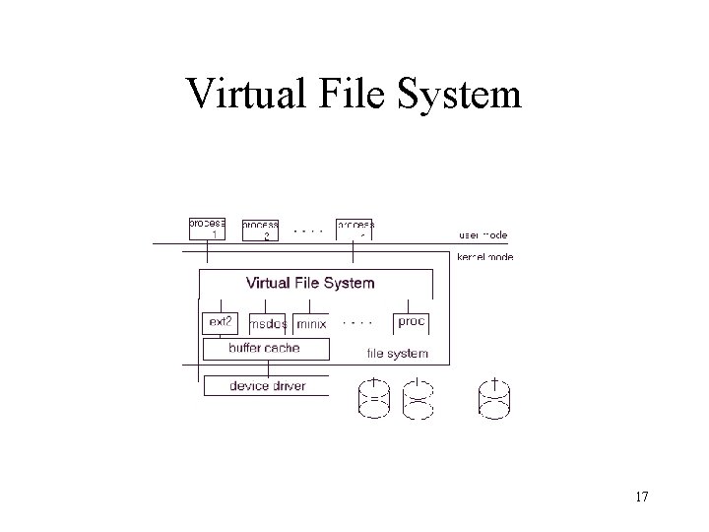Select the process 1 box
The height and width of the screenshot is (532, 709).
coord(207,228)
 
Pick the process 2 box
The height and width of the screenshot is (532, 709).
coord(261,230)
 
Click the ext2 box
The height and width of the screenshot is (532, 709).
coord(218,322)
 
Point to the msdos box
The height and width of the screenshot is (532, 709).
coord(268,324)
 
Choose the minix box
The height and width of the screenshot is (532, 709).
coord(311,324)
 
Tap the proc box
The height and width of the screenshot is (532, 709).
coord(411,322)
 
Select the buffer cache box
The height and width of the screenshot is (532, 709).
coord(264,348)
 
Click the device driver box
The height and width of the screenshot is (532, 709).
coord(267,385)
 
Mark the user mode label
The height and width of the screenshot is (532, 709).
coord(483,235)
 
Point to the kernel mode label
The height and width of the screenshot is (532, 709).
coord(484,257)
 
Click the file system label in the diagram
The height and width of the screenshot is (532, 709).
coord(397,353)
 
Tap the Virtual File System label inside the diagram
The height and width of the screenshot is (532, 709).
coord(310,283)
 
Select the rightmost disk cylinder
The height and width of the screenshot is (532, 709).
coord(495,399)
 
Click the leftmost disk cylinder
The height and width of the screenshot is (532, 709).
coord(375,398)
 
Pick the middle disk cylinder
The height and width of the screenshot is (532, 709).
coord(420,398)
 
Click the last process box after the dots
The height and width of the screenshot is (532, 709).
coord(355,229)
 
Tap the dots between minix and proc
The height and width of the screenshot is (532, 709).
coord(356,321)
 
